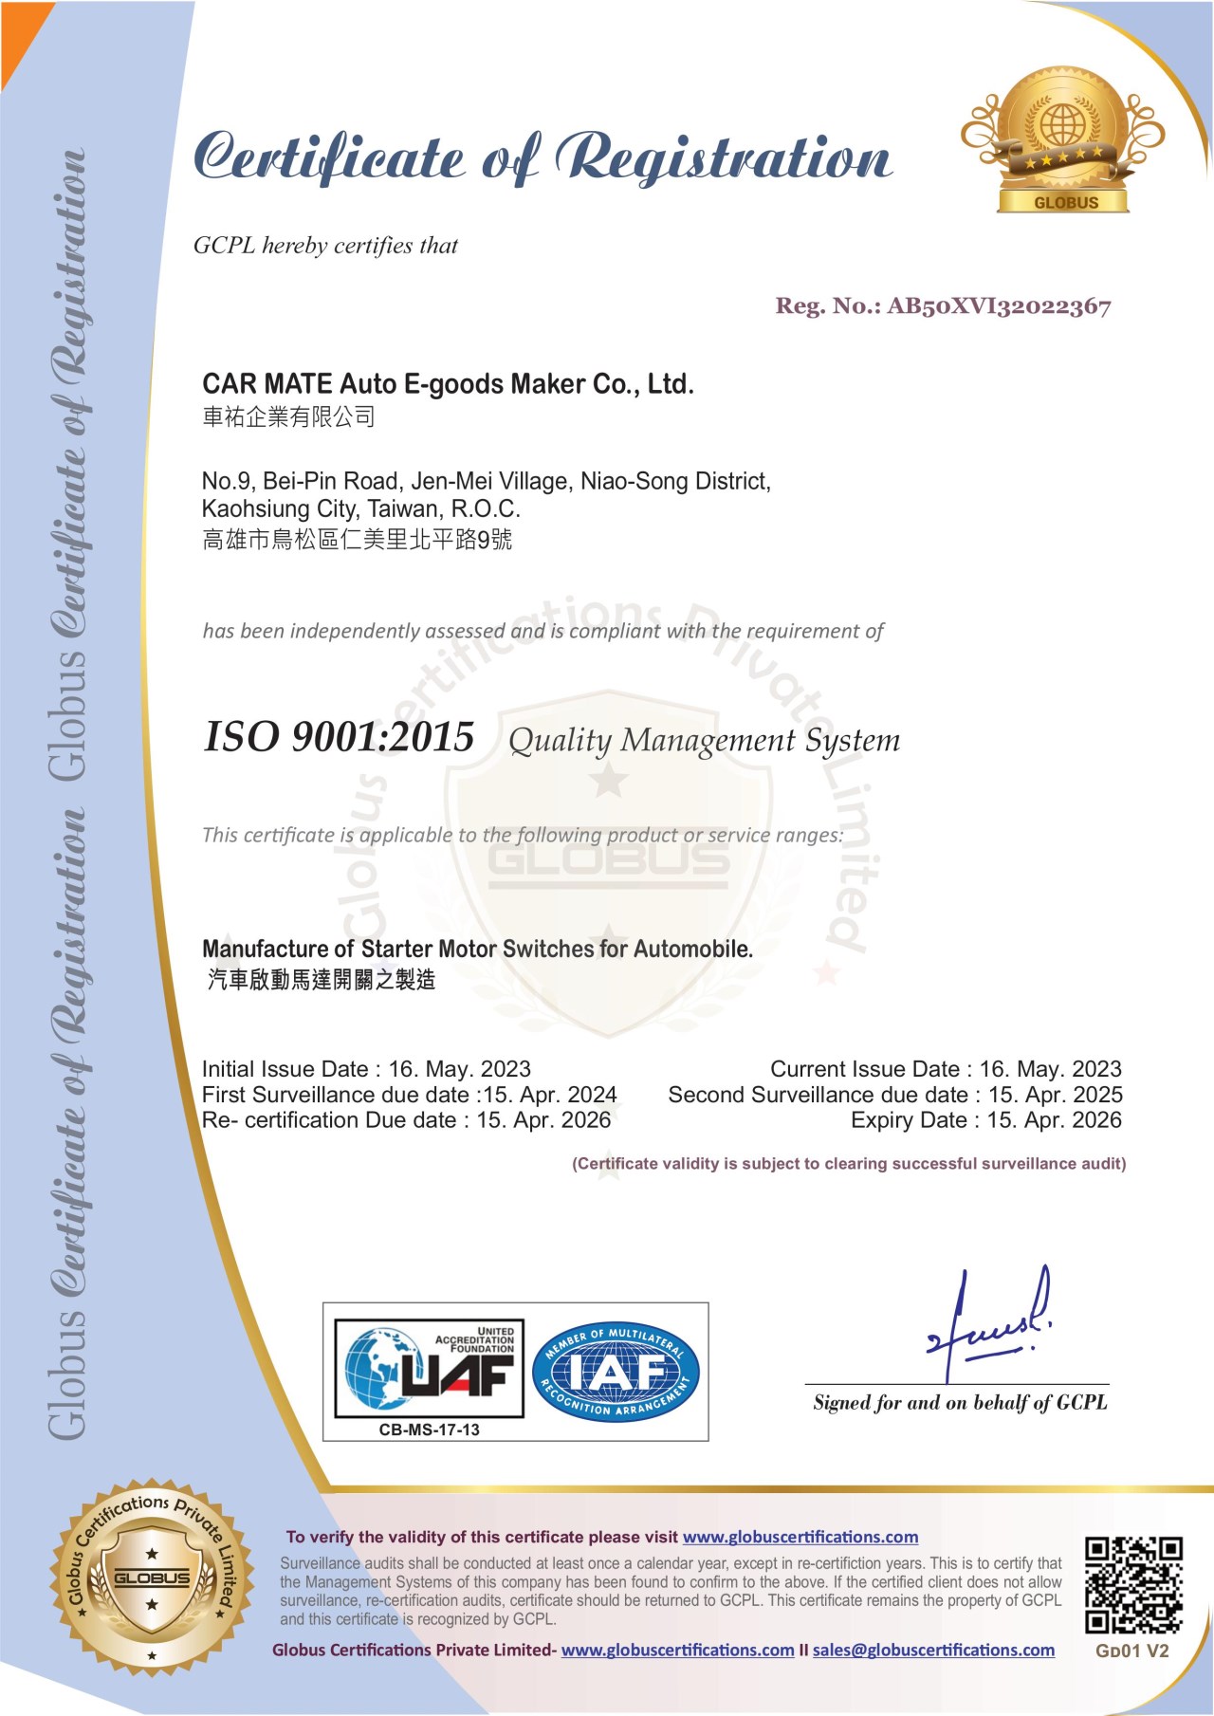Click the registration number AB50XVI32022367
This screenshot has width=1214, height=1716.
point(998,306)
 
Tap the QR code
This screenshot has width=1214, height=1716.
point(1133,1585)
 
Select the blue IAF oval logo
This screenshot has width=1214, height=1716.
point(616,1372)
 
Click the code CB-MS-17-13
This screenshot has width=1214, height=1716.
point(430,1430)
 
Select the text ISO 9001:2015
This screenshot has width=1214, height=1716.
point(339,737)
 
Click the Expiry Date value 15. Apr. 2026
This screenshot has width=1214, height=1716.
point(1054,1120)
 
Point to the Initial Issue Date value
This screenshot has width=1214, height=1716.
point(459,1069)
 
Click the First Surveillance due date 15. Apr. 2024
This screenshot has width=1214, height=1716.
point(550,1095)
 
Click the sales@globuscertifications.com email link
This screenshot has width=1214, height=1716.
point(933,1650)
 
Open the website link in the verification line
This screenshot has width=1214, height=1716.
point(800,1537)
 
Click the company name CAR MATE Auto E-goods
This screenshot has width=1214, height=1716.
point(448,384)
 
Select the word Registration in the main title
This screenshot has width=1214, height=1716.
point(724,157)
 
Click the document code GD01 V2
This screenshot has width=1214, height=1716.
point(1131,1651)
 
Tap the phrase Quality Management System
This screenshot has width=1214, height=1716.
point(704,741)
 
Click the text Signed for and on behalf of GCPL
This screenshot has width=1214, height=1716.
point(960,1402)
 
